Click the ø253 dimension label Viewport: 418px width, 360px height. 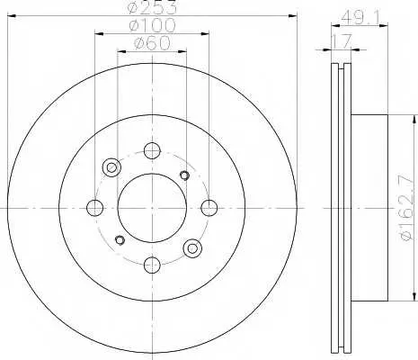(152, 8)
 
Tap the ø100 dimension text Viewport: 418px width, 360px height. (152, 25)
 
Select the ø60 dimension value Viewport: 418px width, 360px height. (152, 43)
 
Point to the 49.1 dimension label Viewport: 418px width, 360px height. (360, 18)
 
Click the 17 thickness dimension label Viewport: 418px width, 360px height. (341, 41)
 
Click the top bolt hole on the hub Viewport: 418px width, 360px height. (152, 150)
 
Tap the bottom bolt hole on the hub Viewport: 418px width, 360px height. (152, 265)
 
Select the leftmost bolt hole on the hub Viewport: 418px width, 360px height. (94, 208)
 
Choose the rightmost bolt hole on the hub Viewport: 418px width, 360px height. (209, 208)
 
